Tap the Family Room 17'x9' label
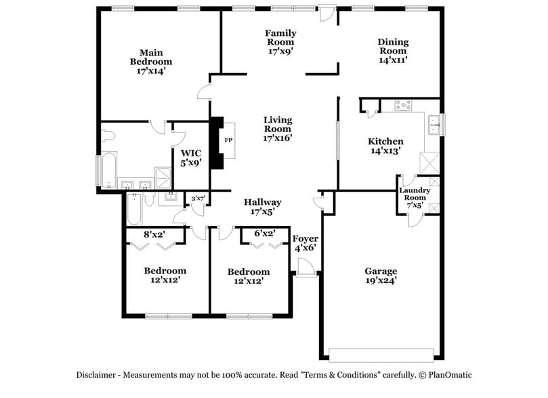click(x=280, y=41)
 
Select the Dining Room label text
click(x=393, y=51)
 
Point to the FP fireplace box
click(x=228, y=140)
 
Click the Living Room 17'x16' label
click(x=278, y=129)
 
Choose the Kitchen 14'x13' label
click(x=385, y=146)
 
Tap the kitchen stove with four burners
click(x=403, y=105)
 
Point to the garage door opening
click(x=381, y=354)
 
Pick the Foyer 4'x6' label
click(x=305, y=243)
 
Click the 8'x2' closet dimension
click(x=155, y=235)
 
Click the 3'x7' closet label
click(x=198, y=198)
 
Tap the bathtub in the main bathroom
click(x=108, y=170)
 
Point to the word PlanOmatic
click(x=446, y=375)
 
